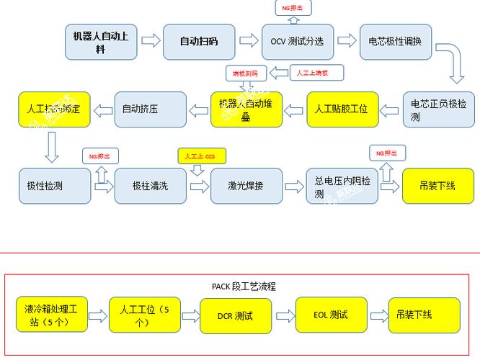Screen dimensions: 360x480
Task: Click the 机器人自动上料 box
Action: pyautogui.click(x=101, y=42)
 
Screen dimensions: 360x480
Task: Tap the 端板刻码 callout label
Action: pyautogui.click(x=246, y=73)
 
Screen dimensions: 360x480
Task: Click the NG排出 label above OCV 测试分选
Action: pyautogui.click(x=293, y=8)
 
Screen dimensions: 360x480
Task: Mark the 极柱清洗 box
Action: pyautogui.click(x=149, y=186)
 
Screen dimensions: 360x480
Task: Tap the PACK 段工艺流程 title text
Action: pyautogui.click(x=244, y=286)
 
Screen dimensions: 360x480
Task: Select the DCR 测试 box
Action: pyautogui.click(x=235, y=315)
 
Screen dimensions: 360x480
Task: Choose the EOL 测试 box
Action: pyautogui.click(x=330, y=315)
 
